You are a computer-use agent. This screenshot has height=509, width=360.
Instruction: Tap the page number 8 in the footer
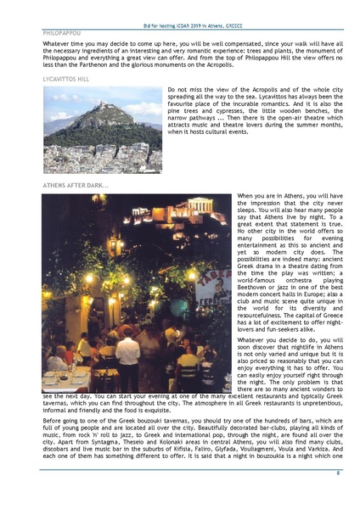[338, 472]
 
